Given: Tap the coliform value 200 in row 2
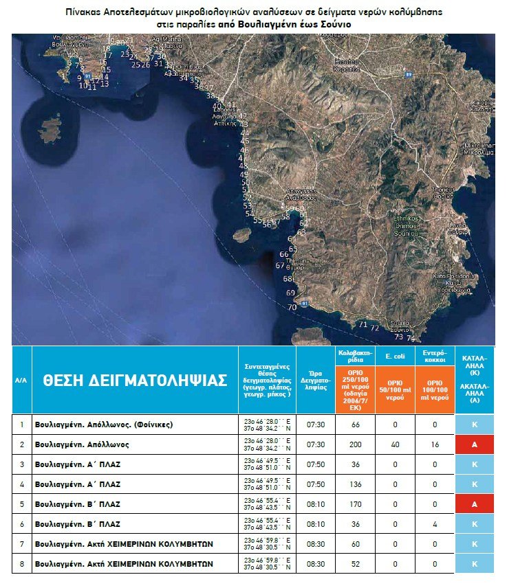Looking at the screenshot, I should tap(355, 444).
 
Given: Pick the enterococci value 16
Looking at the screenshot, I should tap(434, 444).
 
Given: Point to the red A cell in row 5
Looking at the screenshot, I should tap(474, 504).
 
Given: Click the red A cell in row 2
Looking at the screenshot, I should tap(474, 444).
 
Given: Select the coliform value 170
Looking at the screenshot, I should tap(355, 504).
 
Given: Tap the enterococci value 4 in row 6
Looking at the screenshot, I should tap(434, 523).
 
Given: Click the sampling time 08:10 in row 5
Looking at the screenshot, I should tap(316, 504).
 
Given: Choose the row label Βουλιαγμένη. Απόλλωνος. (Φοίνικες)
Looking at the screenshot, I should tap(103, 425).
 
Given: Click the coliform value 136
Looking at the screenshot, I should tap(355, 484).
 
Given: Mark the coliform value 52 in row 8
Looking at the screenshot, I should tap(355, 563).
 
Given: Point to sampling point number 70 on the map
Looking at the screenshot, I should tap(292, 307).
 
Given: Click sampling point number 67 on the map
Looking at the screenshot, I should tap(279, 265).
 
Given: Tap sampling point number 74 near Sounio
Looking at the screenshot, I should tap(411, 339).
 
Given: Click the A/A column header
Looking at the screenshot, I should tap(21, 381).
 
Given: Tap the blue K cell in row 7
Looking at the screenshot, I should tap(474, 543).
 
